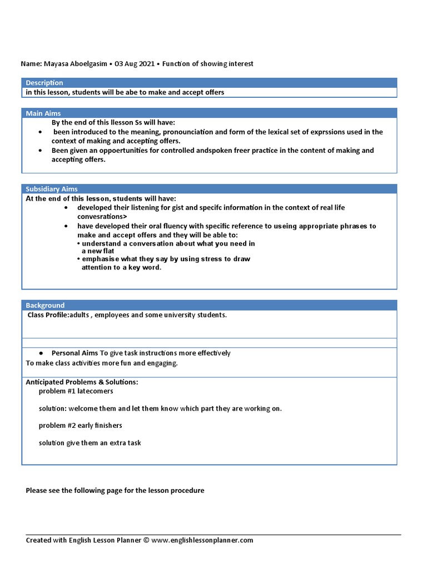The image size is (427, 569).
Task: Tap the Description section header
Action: pos(44,83)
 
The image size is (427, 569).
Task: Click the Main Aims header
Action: pos(43,113)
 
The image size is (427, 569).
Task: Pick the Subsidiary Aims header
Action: pos(52,189)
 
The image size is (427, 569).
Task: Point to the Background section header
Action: pos(45,306)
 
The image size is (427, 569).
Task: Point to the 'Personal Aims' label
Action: pos(75,353)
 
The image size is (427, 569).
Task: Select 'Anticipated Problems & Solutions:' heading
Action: pos(82,382)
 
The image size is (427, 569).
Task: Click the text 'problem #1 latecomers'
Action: pos(76,391)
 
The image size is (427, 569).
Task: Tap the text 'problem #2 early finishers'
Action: pos(80,426)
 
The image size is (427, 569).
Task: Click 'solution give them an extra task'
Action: pos(90,443)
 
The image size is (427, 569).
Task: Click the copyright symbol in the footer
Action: pos(146,540)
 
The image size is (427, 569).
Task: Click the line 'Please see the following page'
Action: pos(115,491)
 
